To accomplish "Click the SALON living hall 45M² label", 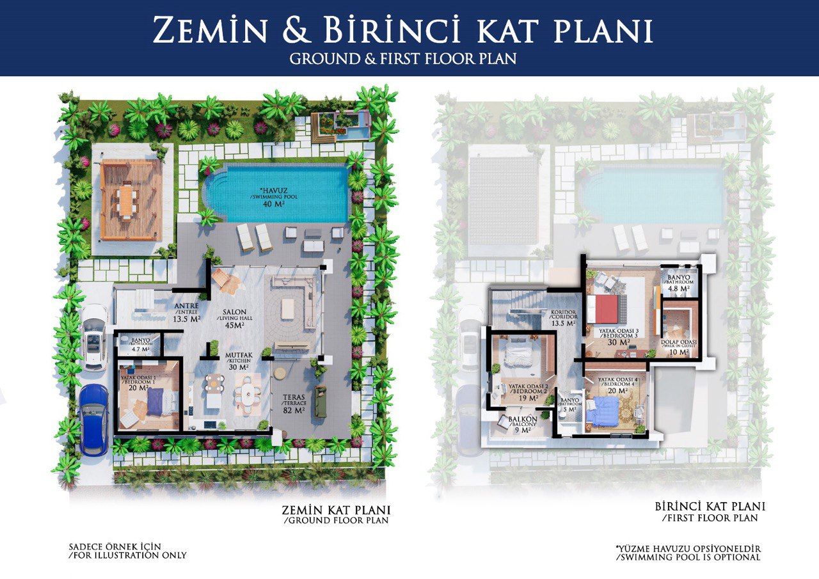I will coord(235,319).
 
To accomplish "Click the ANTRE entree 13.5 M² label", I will coord(185,312).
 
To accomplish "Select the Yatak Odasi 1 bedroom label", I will coord(139,383).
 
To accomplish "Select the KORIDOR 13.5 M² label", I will coord(563,318).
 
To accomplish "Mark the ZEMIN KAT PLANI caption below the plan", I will coord(336,514).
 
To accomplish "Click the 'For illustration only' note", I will coord(127,551).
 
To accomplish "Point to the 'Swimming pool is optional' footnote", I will coord(688,553).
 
